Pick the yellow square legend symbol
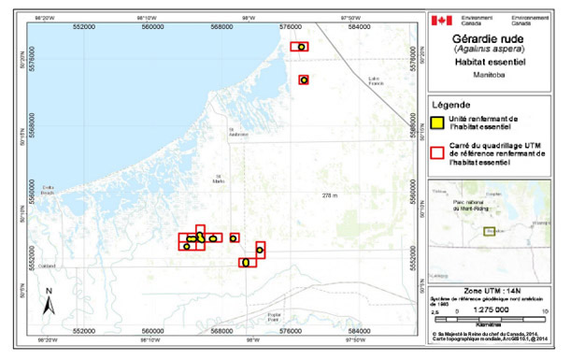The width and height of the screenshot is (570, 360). point(437,122)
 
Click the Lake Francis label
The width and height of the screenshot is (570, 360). point(378,79)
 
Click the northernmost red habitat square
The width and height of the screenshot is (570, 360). point(299,46)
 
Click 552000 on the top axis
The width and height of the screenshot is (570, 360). point(85,25)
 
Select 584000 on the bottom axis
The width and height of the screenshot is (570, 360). point(358,329)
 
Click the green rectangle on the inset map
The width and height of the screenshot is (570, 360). point(490,231)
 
